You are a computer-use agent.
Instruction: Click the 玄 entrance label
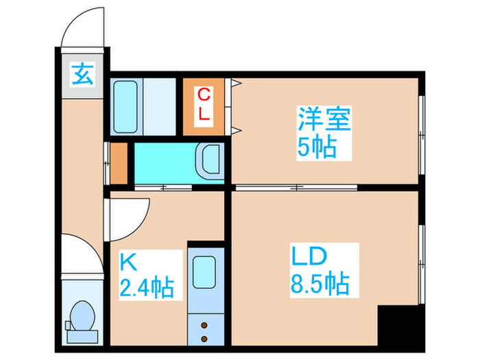click(x=83, y=73)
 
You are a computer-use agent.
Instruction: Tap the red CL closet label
click(x=203, y=105)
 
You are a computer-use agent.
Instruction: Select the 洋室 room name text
click(x=324, y=119)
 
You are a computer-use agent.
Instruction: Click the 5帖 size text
click(x=316, y=147)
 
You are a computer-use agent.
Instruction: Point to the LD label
click(x=307, y=257)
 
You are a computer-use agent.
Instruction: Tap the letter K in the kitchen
click(x=128, y=261)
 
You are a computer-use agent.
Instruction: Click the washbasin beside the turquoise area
click(x=208, y=160)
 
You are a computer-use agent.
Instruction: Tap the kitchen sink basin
click(x=204, y=271)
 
